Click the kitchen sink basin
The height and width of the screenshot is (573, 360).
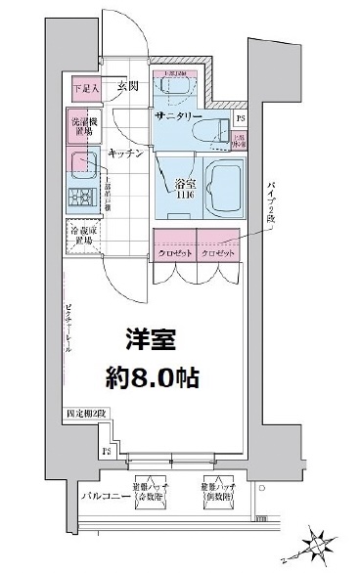coord(80,163)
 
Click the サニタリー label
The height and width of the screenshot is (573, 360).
coord(178,115)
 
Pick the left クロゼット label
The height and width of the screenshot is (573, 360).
coord(174,253)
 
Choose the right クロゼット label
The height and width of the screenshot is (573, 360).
coord(218,253)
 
